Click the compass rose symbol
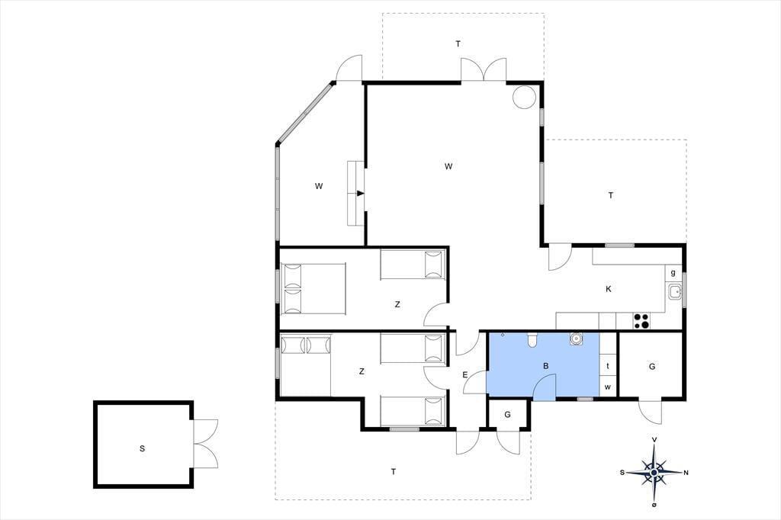654,472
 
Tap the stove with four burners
641,320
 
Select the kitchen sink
675,291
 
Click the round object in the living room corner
524,97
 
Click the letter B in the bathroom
546,366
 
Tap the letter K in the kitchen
608,289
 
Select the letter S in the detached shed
143,448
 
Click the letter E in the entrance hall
465,374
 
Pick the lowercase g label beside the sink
673,272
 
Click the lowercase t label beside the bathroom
608,366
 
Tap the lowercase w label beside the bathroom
608,387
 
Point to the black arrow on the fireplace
361,193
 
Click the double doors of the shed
204,443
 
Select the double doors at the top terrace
483,69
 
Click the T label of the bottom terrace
394,472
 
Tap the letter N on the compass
686,473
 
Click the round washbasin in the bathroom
576,339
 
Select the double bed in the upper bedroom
313,289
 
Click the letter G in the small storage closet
507,415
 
